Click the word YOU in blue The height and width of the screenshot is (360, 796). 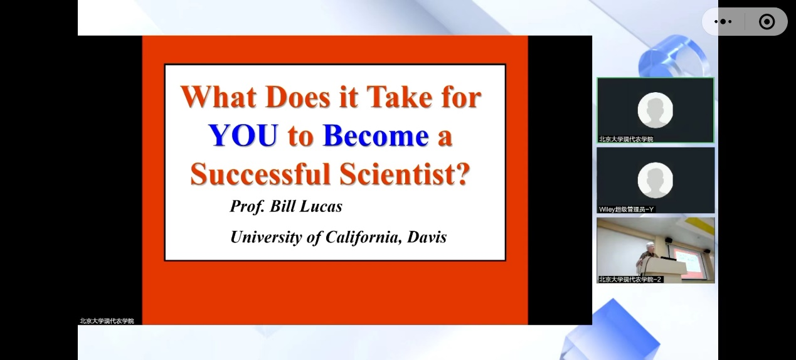pos(243,135)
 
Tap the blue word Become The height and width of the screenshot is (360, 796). pos(376,135)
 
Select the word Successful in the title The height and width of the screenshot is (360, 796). pos(260,174)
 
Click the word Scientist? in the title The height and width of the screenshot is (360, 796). pos(405,174)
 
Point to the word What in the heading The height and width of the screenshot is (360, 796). pos(218,97)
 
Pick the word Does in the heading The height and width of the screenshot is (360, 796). pos(298,97)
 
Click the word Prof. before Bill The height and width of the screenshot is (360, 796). pos(247,206)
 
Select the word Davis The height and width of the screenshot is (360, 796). pos(427,237)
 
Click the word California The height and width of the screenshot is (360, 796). pos(364,237)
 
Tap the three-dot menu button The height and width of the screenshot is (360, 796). pos(723,22)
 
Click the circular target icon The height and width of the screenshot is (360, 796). pos(767,22)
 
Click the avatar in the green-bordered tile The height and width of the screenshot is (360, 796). pos(655,110)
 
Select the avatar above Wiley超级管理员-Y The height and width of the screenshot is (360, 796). pos(655,180)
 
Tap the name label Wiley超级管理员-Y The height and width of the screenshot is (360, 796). pos(626,209)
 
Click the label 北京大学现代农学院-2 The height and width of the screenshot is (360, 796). pos(630,279)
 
